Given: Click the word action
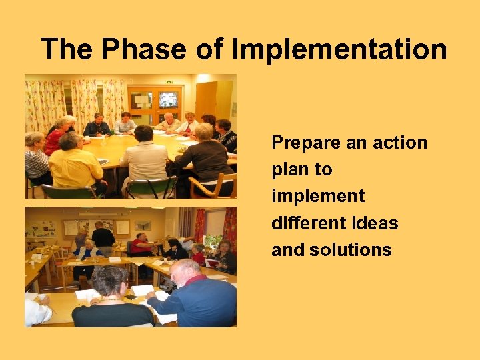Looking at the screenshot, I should pos(398,143).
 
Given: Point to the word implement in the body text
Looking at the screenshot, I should pos(318,196).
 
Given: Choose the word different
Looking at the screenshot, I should pos(307,223).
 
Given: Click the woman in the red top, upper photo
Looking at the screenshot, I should pos(56,137).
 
